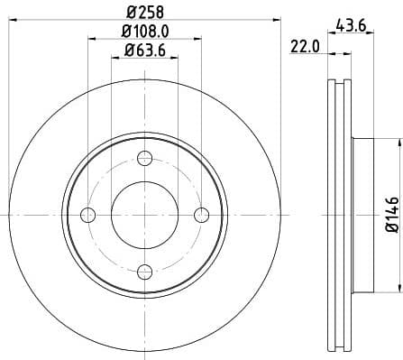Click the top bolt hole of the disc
point(145,159)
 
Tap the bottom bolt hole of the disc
point(145,269)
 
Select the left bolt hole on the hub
point(88,214)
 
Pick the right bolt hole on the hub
point(201,214)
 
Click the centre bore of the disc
point(145,214)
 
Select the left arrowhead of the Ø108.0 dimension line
point(92,39)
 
